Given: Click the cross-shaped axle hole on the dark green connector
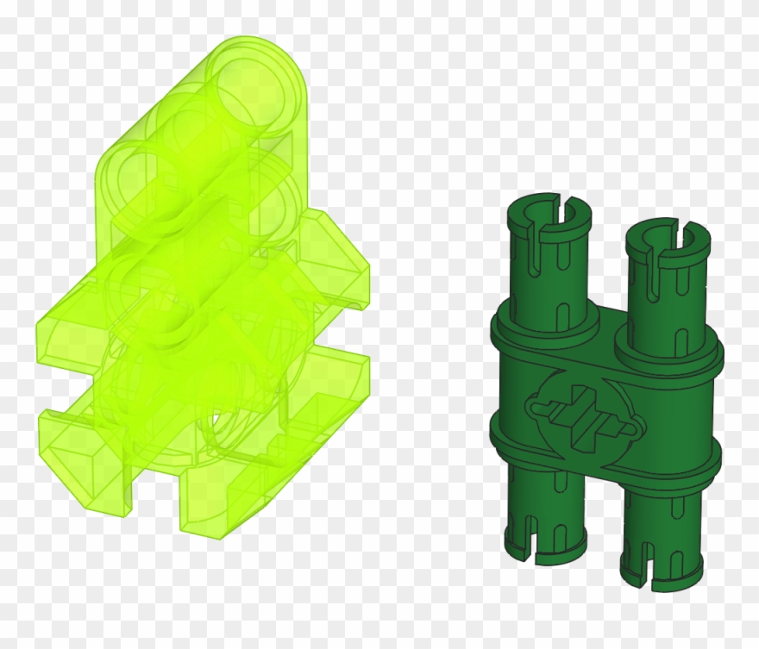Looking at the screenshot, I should [x=583, y=417].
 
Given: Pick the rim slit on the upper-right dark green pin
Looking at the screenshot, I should [x=690, y=230].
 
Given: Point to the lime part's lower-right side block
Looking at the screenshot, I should [x=336, y=388].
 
